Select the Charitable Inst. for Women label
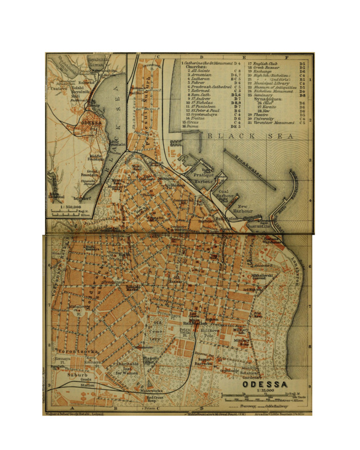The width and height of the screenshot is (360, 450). [128, 368]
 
